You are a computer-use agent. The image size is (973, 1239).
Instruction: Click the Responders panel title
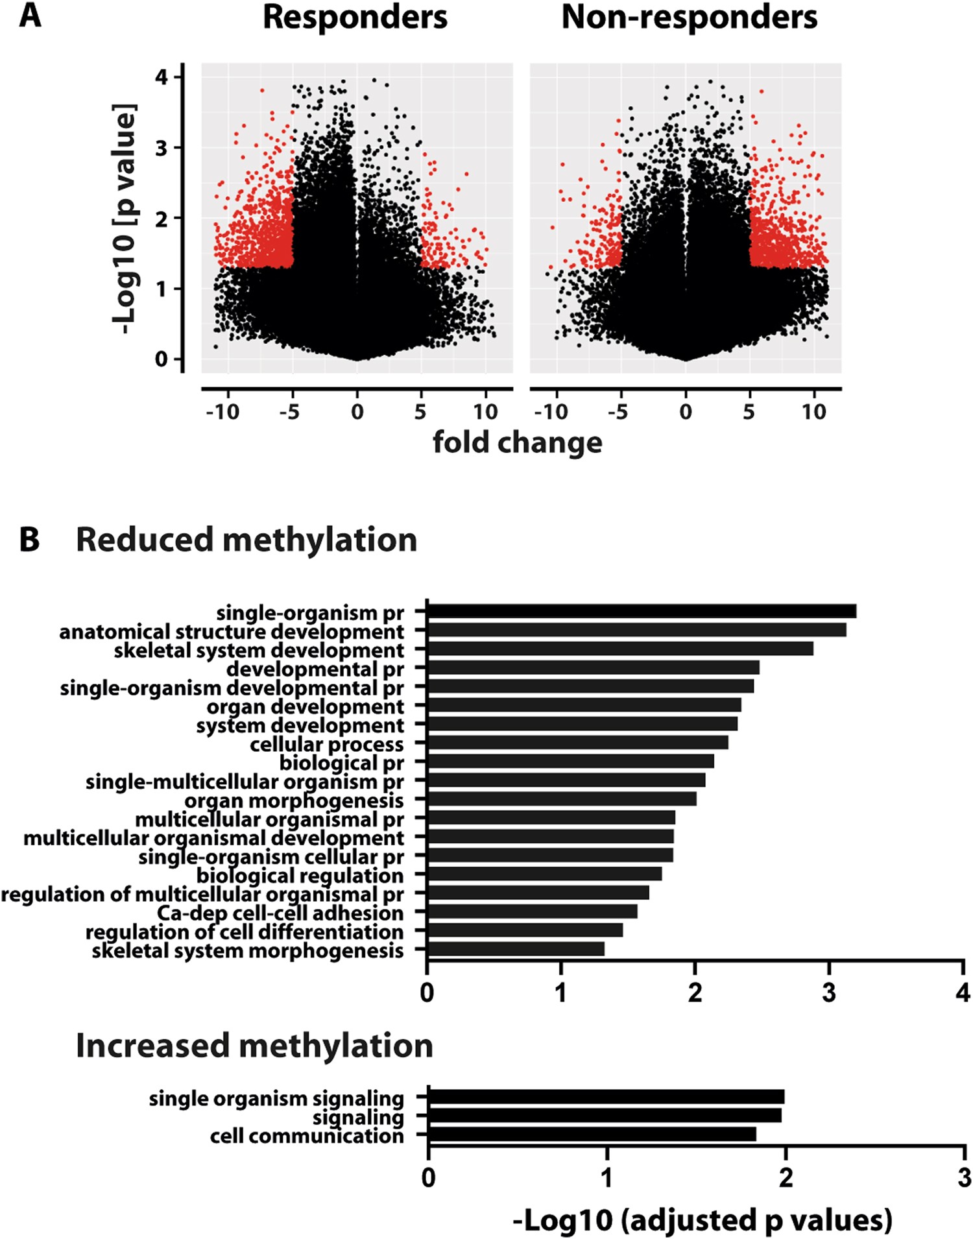pyautogui.click(x=355, y=18)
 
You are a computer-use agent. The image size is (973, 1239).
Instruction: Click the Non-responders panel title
pyautogui.click(x=689, y=18)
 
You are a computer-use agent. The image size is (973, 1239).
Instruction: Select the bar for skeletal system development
pyautogui.click(x=619, y=649)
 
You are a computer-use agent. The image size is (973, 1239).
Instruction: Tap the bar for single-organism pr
pyautogui.click(x=641, y=611)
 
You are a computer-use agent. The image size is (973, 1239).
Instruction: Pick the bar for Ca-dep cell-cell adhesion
pyautogui.click(x=532, y=911)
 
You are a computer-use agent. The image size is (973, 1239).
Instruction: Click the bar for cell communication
pyautogui.click(x=592, y=1134)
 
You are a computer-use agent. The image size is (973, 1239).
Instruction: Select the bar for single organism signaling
pyautogui.click(x=606, y=1097)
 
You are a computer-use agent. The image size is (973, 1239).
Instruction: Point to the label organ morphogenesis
pyautogui.click(x=294, y=801)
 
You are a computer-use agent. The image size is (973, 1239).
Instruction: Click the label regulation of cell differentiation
pyautogui.click(x=245, y=932)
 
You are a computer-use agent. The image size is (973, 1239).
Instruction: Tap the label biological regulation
pyautogui.click(x=300, y=876)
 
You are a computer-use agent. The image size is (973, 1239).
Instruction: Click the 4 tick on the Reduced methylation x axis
pyautogui.click(x=963, y=992)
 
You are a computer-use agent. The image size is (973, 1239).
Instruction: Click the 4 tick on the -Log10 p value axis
pyautogui.click(x=161, y=77)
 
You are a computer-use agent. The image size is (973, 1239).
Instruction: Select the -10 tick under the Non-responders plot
pyautogui.click(x=551, y=412)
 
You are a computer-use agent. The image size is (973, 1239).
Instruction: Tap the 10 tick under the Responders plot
pyautogui.click(x=485, y=412)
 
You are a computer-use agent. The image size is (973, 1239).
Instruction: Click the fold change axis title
pyautogui.click(x=517, y=443)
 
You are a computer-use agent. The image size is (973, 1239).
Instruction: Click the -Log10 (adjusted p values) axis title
pyautogui.click(x=702, y=1220)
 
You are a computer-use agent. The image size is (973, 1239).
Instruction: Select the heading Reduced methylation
pyautogui.click(x=246, y=540)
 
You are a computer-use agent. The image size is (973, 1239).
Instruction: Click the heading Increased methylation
pyautogui.click(x=254, y=1046)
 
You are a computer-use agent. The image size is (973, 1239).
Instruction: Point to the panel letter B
pyautogui.click(x=30, y=540)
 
